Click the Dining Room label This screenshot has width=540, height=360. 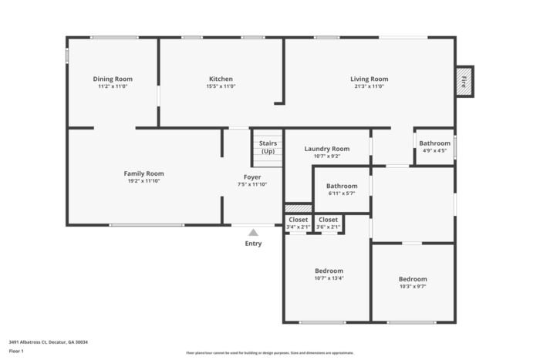coord(113,79)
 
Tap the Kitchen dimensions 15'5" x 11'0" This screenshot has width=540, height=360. coord(221,86)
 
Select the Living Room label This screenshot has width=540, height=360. coord(370,79)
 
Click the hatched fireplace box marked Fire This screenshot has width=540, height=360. coord(464,82)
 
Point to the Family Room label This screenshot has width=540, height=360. coord(144,173)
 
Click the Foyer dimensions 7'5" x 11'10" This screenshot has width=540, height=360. coord(252,184)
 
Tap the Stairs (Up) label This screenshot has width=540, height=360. coord(268,147)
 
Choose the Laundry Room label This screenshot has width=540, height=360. coord(327,149)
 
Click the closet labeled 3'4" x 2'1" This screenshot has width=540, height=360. coord(299,223)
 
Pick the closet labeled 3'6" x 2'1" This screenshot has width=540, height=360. coord(328,223)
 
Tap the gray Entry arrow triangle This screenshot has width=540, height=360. coord(253,233)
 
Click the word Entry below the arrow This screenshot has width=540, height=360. coord(253,244)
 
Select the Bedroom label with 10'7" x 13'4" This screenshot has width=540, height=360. coord(329,271)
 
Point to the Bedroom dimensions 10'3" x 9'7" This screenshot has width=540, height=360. coord(413,286)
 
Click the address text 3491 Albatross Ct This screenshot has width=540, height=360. coord(28,342)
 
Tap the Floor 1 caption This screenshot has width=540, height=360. coord(16,351)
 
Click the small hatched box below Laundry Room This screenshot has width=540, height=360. coord(299,209)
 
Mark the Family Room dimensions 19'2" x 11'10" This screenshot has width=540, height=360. coord(144,181)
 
